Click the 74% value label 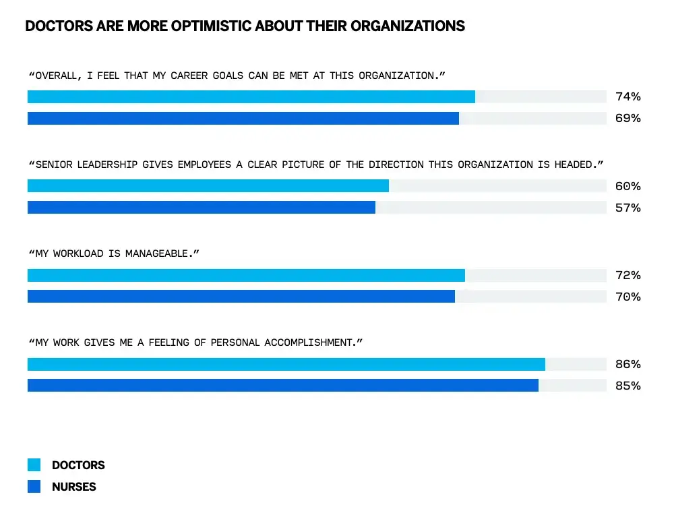(x=627, y=96)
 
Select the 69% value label (x=627, y=118)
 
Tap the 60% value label (x=627, y=186)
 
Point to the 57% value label (x=627, y=208)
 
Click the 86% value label (x=627, y=364)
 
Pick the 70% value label (x=627, y=297)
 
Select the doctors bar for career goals (x=251, y=96)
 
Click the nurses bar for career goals (x=243, y=118)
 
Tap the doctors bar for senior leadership (x=208, y=186)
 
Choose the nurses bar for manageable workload (x=241, y=297)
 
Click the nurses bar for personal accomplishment (x=282, y=386)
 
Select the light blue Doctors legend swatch (x=34, y=465)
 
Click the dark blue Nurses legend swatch (x=34, y=487)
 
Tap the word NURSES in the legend (x=74, y=487)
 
